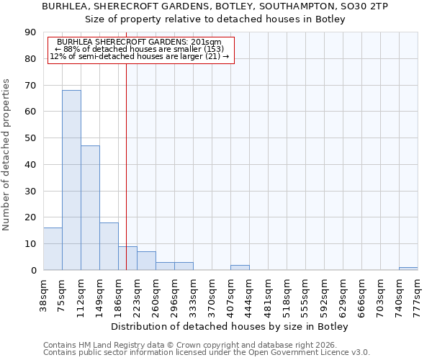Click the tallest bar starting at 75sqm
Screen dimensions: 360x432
tap(71, 180)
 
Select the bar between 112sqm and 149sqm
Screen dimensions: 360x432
tap(90, 208)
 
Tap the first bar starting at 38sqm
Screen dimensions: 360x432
tap(53, 249)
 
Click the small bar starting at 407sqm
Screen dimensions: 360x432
tap(240, 268)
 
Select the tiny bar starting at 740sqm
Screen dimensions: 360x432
tap(408, 269)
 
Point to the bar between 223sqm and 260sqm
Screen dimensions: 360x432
tap(146, 261)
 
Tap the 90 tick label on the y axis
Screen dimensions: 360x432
tap(30, 32)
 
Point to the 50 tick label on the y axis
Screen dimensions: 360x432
tap(30, 138)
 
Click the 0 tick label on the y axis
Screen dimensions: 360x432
tap(33, 271)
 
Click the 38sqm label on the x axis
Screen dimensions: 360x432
tap(44, 294)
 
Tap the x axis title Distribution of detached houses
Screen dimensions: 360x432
tap(230, 327)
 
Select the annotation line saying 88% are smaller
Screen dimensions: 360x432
tap(140, 49)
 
